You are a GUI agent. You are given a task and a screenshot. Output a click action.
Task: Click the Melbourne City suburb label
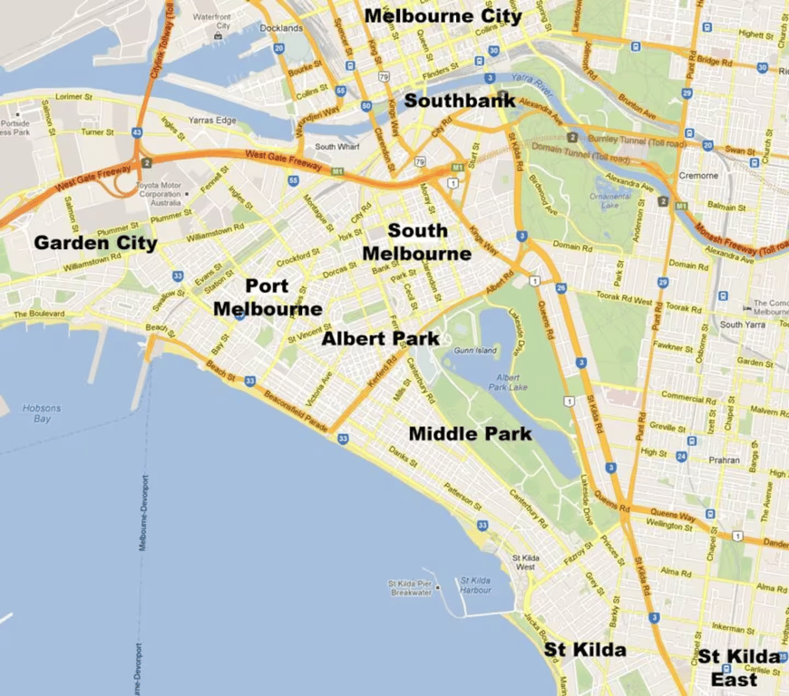point(443,15)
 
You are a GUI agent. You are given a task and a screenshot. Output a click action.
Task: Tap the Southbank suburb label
point(460,101)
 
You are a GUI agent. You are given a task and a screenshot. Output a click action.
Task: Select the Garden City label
point(95,243)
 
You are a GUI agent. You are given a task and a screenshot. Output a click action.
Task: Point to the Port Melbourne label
point(268,297)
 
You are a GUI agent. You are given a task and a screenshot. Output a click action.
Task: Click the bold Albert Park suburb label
point(380,339)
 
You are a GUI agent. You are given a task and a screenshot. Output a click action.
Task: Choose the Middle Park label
point(470,434)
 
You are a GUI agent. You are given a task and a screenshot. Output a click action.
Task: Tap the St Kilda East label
point(737,668)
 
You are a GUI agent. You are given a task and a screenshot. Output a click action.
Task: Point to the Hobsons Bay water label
point(43,413)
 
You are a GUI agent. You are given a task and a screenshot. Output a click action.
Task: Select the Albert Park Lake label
point(509,382)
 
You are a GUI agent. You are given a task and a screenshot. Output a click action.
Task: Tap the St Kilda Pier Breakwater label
point(410,588)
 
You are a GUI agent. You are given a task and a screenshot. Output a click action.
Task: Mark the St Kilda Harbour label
point(475,585)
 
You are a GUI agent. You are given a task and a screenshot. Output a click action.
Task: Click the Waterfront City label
point(211,21)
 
